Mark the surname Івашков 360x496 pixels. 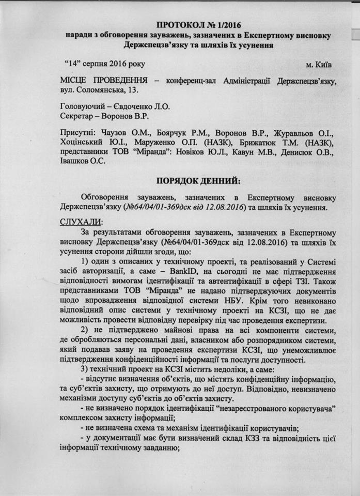tap(77, 161)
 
